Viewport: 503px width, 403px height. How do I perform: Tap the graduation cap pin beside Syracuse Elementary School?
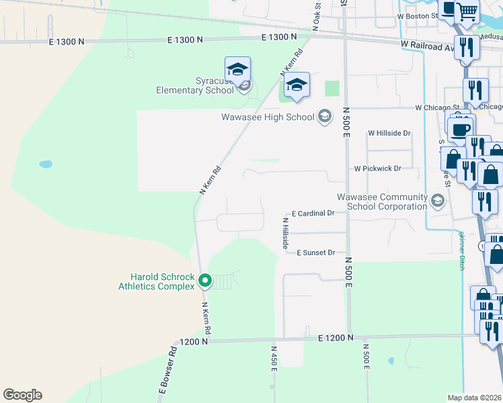237,70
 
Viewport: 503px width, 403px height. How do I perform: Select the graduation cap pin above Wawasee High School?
296,85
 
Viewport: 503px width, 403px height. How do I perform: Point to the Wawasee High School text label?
268,117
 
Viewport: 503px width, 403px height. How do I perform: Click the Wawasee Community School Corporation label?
382,201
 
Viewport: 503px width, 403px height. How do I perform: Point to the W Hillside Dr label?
389,133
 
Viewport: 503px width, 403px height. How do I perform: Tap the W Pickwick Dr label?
377,169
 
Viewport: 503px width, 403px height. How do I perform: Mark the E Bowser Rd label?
167,369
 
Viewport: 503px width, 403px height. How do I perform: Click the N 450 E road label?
274,360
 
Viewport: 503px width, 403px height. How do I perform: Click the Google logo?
22,395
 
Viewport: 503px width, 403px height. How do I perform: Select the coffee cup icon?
461,128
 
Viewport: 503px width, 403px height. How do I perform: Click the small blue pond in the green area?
45,164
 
